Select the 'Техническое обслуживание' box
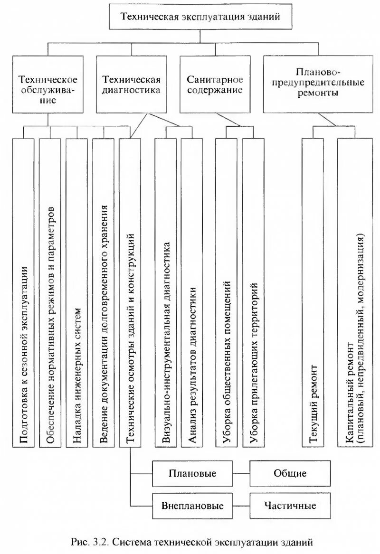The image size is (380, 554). coord(48,84)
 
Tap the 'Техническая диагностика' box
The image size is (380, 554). coord(131,84)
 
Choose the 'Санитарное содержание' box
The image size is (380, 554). coord(215,84)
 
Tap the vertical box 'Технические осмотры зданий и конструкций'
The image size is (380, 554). coord(130,292)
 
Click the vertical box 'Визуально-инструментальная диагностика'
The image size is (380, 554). coord(166,292)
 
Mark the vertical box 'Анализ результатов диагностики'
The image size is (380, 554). coord(191,292)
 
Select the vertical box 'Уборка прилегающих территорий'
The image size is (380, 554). coord(253,292)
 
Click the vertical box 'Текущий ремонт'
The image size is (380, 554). coord(313,292)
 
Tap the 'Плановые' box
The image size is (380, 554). coord(192,473)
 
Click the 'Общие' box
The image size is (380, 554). coord(290,473)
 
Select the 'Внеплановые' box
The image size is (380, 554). coord(192,505)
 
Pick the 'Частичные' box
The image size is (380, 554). coord(290,505)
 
